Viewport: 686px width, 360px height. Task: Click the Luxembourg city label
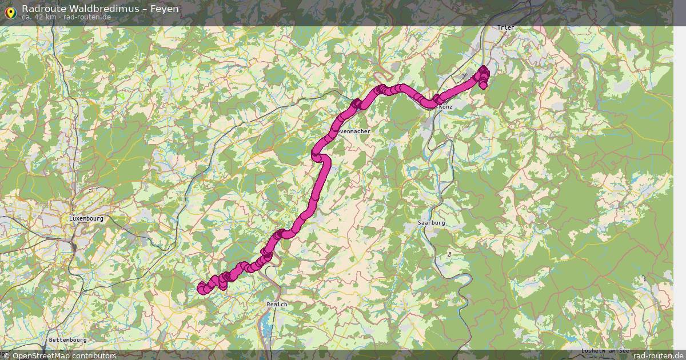coord(86,218)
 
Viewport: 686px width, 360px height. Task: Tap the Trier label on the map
coord(506,27)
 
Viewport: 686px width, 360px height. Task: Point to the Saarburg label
coord(431,222)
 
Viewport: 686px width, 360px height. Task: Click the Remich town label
coord(277,305)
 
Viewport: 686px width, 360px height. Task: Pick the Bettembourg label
coord(67,339)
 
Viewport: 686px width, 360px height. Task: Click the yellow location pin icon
coord(10,12)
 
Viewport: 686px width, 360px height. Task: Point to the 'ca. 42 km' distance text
coord(39,17)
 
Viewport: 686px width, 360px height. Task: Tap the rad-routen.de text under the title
coord(87,17)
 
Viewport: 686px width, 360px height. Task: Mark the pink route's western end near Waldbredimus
coord(201,288)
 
